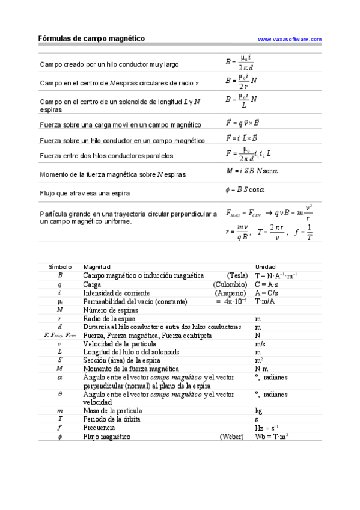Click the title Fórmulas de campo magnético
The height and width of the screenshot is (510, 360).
tap(92, 38)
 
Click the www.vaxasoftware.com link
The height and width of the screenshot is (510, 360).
tap(289, 39)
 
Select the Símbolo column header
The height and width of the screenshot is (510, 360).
tap(59, 266)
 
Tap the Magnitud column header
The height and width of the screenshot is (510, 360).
tap(97, 266)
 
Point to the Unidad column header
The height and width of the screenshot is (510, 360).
tap(265, 266)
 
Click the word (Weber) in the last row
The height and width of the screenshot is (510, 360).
tap(234, 437)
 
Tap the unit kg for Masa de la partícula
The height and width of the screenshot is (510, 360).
tap(258, 410)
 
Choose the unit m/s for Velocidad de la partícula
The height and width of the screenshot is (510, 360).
tap(260, 343)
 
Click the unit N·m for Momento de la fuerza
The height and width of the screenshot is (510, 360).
tap(261, 369)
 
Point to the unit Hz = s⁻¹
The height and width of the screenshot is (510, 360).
tap(266, 428)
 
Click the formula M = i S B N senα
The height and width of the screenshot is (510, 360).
tap(252, 171)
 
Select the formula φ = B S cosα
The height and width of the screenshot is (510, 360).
tap(245, 190)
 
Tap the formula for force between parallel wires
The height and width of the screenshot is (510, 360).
tap(249, 153)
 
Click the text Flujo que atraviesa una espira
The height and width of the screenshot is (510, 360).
tap(85, 193)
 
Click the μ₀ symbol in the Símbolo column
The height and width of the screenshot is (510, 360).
tap(60, 301)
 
